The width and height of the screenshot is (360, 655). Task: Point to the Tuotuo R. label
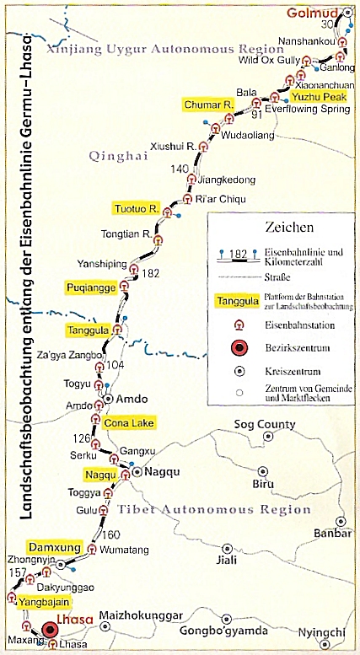click(x=137, y=208)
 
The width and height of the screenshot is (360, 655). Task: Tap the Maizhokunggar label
click(x=137, y=616)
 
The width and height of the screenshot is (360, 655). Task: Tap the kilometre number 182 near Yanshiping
click(x=151, y=273)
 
